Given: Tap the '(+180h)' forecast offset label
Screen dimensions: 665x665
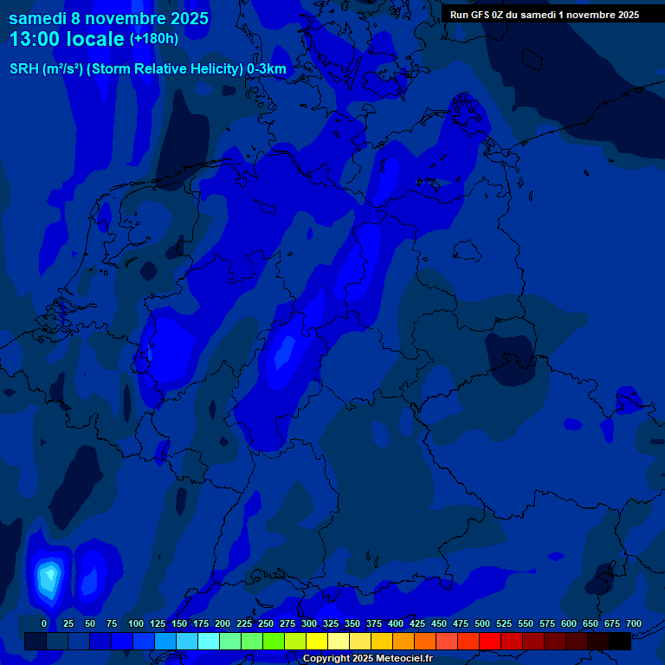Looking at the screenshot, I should coord(153,39).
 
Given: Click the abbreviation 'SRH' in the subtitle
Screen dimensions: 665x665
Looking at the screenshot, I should coord(23,69).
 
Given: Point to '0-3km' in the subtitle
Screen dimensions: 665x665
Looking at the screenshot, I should coord(267,69).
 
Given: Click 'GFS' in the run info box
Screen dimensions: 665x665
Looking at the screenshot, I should coord(493,15).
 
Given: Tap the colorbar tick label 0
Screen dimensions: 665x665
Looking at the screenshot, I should coord(44,623).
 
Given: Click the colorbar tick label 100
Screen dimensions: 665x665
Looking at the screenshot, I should coord(136,623).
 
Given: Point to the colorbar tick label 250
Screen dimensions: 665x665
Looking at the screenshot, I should coord(266,623).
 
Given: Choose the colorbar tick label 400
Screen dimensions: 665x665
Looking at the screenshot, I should coord(396,623).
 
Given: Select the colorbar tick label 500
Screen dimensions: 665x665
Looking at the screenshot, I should coord(482,623).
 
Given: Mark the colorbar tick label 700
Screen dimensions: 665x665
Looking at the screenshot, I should coord(634,623).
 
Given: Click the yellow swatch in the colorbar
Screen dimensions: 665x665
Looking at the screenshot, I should coord(317,642).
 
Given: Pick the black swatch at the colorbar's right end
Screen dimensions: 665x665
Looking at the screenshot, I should coord(620,642).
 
